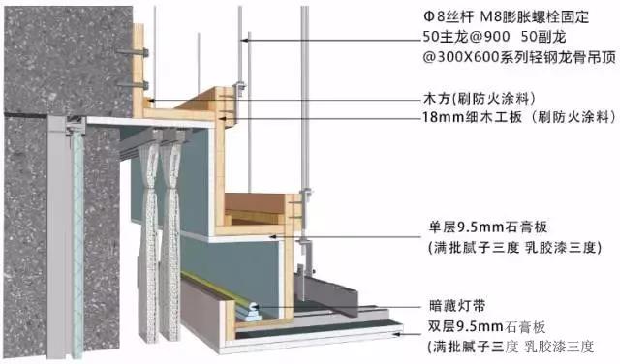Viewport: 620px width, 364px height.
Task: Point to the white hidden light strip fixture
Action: [x=250, y=309]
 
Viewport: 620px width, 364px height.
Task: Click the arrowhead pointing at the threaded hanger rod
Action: [x=244, y=40]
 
